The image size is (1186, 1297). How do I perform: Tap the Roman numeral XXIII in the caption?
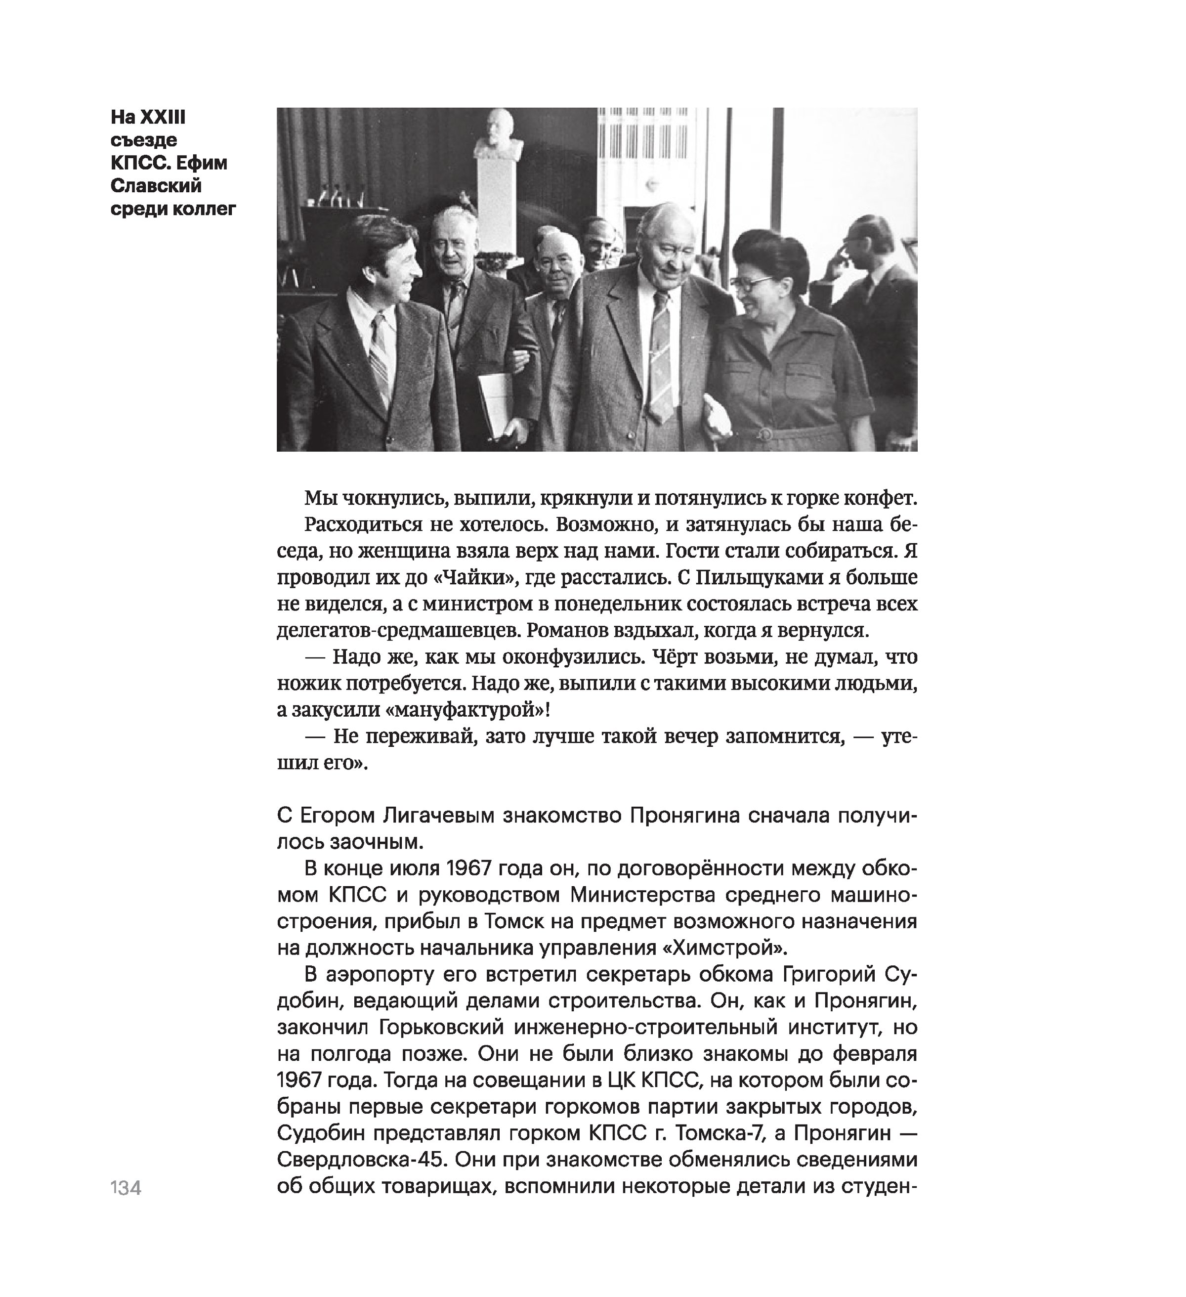tap(164, 117)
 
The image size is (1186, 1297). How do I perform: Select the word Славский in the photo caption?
tap(156, 185)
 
